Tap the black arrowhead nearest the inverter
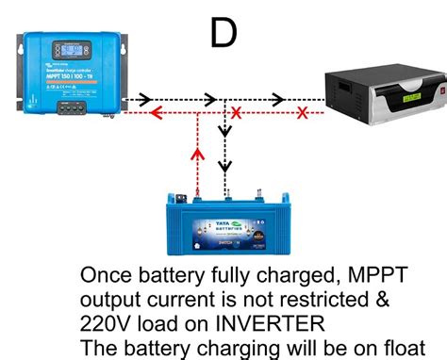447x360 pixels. (x=277, y=98)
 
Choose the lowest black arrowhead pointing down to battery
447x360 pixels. (x=224, y=167)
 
